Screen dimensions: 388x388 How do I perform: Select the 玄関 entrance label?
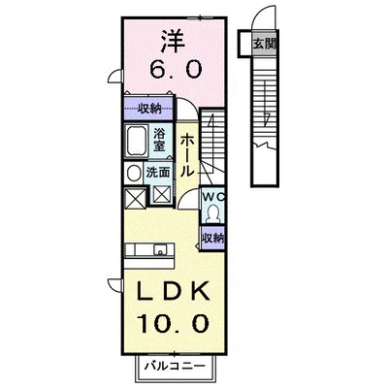click(263, 43)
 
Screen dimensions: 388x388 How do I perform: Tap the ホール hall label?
click(188, 154)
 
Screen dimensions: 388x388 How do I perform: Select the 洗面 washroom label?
click(158, 172)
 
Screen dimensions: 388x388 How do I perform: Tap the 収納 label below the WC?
click(214, 237)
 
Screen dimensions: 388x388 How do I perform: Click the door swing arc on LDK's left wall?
click(113, 281)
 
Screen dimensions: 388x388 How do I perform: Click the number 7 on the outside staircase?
click(265, 118)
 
